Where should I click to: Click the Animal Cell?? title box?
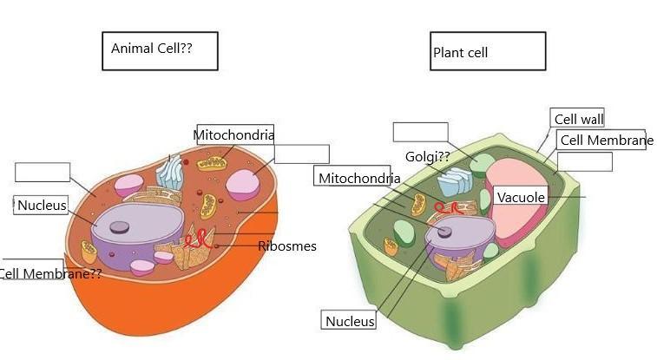[x=160, y=51]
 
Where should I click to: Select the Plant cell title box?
[x=488, y=52]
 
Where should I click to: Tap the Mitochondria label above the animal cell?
[x=234, y=134]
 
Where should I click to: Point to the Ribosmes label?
[x=287, y=246]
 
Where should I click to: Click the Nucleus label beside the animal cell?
[x=42, y=206]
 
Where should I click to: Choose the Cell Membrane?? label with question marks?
[x=50, y=274]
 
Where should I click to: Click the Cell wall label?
[x=578, y=120]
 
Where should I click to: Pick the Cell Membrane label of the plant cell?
[x=605, y=141]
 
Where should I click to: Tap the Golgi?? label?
[x=427, y=157]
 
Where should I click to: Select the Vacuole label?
[x=521, y=198]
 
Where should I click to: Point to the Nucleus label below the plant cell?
[x=350, y=321]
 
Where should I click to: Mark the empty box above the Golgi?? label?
[x=420, y=132]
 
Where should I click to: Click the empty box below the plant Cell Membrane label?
[x=584, y=162]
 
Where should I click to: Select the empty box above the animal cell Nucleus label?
[x=43, y=173]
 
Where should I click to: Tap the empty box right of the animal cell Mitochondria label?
[x=301, y=154]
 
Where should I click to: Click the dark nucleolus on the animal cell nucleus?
[x=120, y=227]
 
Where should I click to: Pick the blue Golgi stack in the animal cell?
[x=170, y=172]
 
